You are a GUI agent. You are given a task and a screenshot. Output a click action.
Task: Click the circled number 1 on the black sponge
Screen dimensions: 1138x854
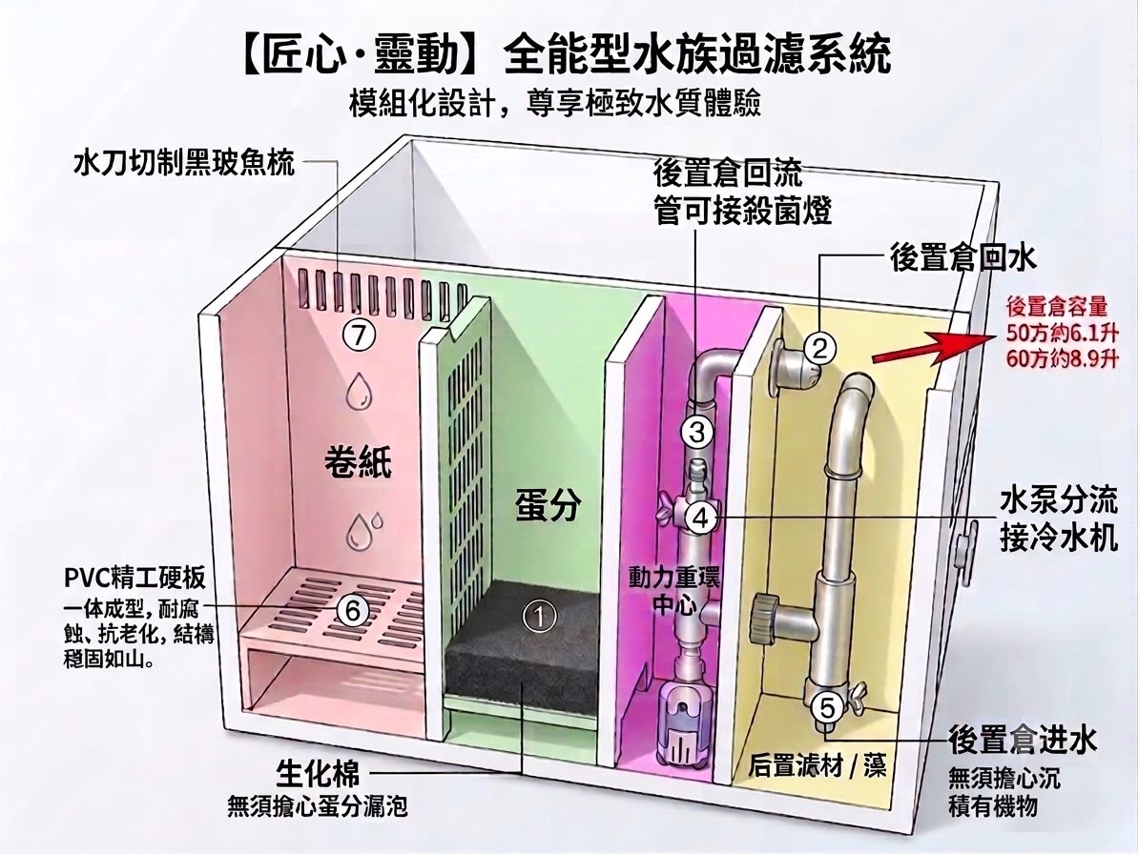point(539,617)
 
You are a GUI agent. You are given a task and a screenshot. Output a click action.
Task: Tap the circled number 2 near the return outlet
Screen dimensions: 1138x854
point(819,350)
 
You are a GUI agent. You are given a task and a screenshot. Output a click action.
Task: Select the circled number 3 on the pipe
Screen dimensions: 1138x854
point(696,432)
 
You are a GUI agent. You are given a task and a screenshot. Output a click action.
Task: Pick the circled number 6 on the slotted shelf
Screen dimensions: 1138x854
point(353,610)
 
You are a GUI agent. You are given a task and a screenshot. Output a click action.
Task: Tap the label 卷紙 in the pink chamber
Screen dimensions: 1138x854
point(359,461)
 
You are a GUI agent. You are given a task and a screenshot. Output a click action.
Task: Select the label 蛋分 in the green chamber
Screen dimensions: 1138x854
point(548,504)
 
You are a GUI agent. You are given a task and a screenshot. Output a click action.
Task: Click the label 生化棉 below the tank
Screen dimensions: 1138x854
point(317,774)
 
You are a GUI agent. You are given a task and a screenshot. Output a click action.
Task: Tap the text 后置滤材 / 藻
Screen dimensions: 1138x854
point(817,765)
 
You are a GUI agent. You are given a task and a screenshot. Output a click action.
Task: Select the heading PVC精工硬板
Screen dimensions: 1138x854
point(135,578)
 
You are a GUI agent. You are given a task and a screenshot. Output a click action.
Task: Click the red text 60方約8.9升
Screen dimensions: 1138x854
point(1061,357)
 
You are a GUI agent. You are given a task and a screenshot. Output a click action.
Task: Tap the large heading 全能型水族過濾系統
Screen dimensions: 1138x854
point(695,55)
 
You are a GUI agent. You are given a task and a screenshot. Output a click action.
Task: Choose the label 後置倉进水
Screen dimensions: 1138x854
point(1023,741)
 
